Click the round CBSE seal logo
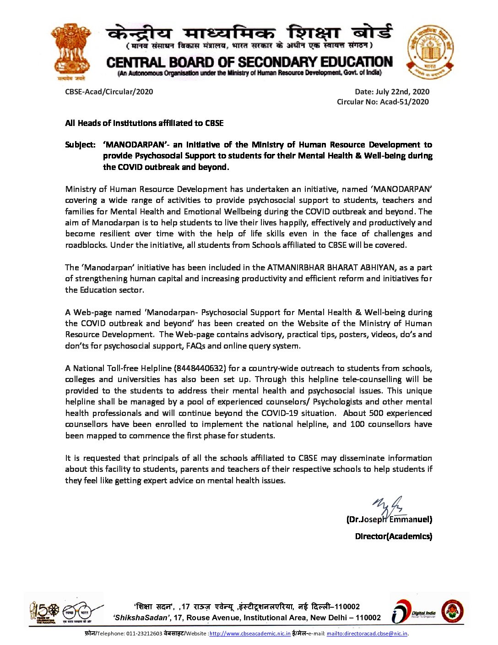click(x=430, y=52)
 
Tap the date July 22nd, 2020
click(x=392, y=92)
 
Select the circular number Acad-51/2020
click(x=404, y=102)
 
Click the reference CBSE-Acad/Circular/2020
click(x=109, y=92)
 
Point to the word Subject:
click(x=80, y=145)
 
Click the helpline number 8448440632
click(x=200, y=368)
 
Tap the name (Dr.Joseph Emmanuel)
click(x=389, y=519)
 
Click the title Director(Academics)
click(x=393, y=536)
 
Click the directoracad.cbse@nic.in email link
click(x=367, y=634)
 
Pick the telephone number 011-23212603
click(x=144, y=634)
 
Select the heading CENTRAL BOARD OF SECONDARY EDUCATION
click(x=249, y=62)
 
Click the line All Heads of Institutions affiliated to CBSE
click(x=144, y=123)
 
